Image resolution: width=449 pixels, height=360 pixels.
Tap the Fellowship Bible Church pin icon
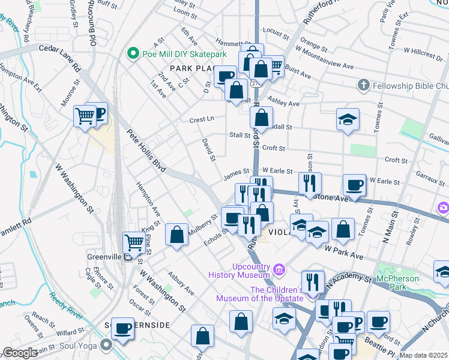click(x=363, y=86)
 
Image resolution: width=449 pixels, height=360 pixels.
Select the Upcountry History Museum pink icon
click(x=279, y=270)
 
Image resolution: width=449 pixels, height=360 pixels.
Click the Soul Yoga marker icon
click(x=107, y=345)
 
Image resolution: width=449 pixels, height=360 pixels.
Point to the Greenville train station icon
click(x=128, y=257)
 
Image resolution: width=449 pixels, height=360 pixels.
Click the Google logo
click(x=20, y=353)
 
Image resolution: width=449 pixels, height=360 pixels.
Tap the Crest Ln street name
click(x=202, y=119)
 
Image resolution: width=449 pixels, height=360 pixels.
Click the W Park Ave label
click(x=344, y=252)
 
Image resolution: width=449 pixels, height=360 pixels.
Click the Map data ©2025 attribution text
click(x=424, y=355)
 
